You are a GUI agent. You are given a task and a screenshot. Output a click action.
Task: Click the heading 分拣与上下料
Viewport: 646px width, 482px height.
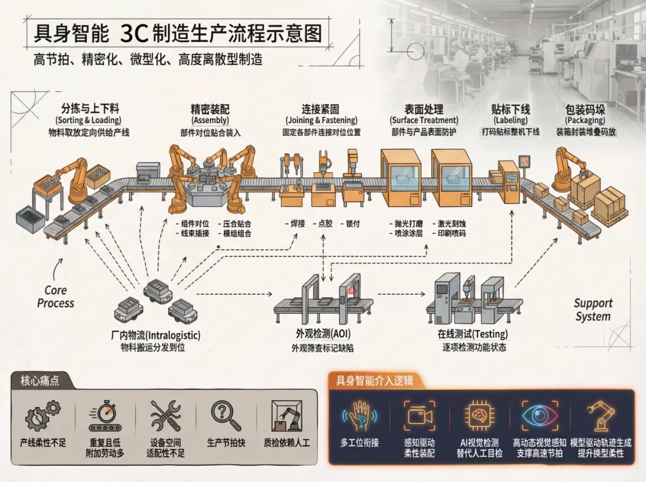(90, 109)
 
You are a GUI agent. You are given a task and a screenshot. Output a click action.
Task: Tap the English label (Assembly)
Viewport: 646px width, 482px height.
(210, 121)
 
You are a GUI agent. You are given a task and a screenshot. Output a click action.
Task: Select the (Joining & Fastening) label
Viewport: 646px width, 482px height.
(321, 121)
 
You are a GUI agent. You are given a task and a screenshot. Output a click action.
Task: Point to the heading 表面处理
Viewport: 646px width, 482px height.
(424, 109)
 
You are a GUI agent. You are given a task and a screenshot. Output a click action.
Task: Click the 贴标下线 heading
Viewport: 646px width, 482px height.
(510, 109)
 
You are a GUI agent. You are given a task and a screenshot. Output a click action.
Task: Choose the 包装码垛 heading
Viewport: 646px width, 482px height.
(585, 109)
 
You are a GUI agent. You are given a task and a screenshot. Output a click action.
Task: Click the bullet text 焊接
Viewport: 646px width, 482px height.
(297, 224)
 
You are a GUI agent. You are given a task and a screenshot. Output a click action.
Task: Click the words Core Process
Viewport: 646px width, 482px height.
(56, 297)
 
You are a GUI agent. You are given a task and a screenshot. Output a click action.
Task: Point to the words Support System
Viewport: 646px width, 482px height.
(593, 310)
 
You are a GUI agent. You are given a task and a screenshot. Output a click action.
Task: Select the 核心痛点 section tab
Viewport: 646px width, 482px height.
(40, 380)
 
